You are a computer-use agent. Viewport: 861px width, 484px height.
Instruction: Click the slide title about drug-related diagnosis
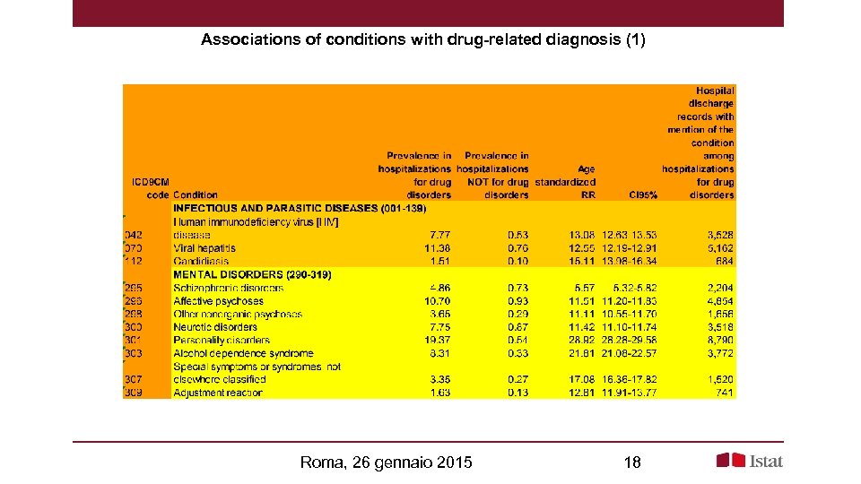point(422,40)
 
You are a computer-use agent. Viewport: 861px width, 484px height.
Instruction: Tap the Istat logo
point(750,461)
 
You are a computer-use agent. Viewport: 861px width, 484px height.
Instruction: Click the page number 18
point(631,462)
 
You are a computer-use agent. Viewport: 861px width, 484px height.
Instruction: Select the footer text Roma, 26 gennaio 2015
point(387,462)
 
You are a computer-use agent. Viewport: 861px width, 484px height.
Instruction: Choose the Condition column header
point(196,194)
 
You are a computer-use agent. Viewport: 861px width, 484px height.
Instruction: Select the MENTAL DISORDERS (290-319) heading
point(252,274)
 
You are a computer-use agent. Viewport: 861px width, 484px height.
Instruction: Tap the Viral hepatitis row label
point(204,248)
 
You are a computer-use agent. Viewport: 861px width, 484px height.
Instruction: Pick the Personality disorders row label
point(222,341)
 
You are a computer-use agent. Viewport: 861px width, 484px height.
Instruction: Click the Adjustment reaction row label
point(218,393)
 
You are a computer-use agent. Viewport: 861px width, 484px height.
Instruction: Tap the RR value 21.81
point(581,353)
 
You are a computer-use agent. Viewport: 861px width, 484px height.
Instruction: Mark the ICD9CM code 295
point(135,288)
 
